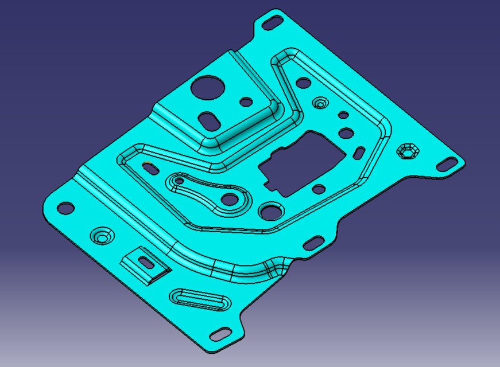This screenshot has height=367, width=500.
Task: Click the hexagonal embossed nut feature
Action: coord(408,151)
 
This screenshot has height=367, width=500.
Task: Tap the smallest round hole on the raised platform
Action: coord(246,102)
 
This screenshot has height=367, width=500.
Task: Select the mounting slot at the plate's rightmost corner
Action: coord(448,165)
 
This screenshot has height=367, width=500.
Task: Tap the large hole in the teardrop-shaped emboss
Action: coord(230,200)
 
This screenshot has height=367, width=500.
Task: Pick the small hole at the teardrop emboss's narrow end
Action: coord(179,182)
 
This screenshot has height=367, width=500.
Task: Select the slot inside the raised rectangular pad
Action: coord(147,263)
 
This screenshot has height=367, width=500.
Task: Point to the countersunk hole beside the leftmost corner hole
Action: coord(102,236)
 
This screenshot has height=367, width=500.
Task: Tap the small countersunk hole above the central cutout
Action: coord(320,103)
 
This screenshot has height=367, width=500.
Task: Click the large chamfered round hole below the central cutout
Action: coord(270,211)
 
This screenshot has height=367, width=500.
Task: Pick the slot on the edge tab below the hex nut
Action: coord(313,243)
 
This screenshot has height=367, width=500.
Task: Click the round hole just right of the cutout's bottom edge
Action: coord(317,189)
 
